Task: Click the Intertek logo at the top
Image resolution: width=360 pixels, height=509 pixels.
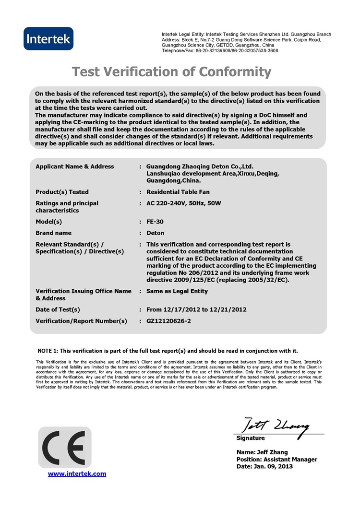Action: [48, 39]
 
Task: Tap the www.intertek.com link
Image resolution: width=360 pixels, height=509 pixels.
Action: [77, 474]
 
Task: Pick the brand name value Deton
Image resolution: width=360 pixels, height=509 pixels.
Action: [155, 233]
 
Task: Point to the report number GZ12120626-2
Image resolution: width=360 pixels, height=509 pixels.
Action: [168, 321]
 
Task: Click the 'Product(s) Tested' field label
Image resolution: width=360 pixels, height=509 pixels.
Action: [62, 192]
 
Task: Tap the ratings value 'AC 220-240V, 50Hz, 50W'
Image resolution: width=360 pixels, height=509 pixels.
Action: [184, 203]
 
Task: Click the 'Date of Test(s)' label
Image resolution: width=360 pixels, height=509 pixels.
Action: [58, 309]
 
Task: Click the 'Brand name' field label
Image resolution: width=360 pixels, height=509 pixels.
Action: [53, 233]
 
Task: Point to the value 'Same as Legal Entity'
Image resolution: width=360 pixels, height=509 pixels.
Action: [177, 291]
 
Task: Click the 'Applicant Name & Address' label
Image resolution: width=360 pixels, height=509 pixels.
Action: [75, 166]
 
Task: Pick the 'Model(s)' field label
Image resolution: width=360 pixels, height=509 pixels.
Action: [49, 222]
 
